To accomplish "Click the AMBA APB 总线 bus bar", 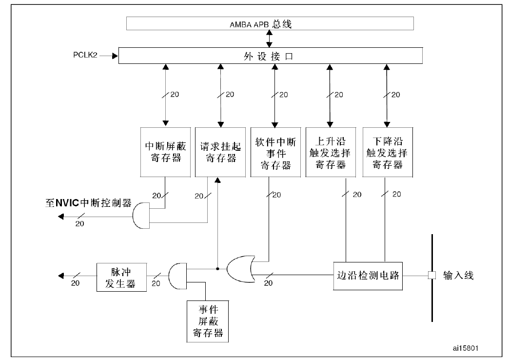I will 270,23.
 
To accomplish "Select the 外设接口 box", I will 270,56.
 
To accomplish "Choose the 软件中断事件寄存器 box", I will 275,152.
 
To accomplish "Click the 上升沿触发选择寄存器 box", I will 330,152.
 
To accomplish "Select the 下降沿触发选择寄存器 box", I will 387,152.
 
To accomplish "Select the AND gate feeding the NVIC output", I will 140,215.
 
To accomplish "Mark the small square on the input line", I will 431,276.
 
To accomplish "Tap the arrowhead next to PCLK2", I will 115,56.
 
